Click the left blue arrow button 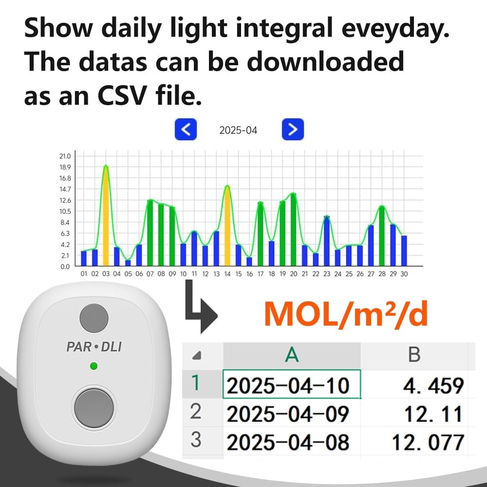pyautogui.click(x=186, y=130)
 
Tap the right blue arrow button pyautogui.click(x=293, y=130)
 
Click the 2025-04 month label pyautogui.click(x=238, y=130)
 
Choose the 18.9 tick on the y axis pyautogui.click(x=65, y=167)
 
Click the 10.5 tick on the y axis pyautogui.click(x=65, y=211)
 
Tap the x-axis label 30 pyautogui.click(x=404, y=274)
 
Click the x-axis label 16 pyautogui.click(x=249, y=274)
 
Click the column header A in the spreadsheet pyautogui.click(x=291, y=355)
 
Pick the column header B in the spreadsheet pyautogui.click(x=414, y=355)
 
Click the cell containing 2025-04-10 pyautogui.click(x=291, y=385)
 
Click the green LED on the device pyautogui.click(x=94, y=366)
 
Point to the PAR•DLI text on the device pyautogui.click(x=94, y=347)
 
